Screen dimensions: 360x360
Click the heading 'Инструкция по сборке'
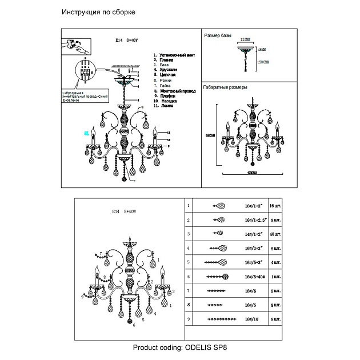point(98,12)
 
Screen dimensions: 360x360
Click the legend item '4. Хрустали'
point(166,70)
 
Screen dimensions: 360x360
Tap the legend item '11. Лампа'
point(165,106)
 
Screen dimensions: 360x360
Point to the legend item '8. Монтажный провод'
point(175,91)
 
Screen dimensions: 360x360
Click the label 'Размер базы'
point(218,35)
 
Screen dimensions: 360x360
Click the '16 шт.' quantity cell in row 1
point(275,204)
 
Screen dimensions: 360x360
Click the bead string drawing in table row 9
point(218,320)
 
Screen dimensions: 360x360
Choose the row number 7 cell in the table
point(189,291)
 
